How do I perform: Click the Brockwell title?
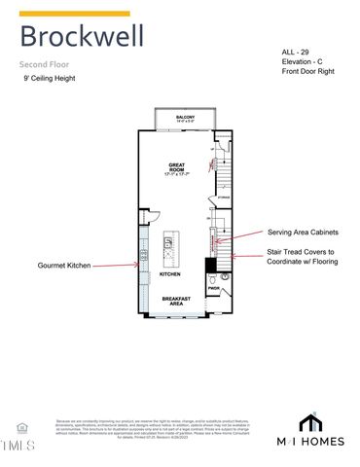pos(82,37)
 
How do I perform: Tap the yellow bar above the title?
pos(74,14)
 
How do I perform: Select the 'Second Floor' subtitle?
pos(46,64)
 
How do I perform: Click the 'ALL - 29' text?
pos(296,50)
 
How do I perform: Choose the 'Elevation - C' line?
pos(305,60)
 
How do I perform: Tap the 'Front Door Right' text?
pos(309,71)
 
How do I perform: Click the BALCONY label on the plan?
pos(185,118)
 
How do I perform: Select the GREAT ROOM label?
pos(177,168)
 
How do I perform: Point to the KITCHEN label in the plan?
pos(170,273)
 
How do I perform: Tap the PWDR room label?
pos(213,287)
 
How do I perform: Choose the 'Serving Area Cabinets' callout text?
pos(304,233)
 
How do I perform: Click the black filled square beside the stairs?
pos(210,264)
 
